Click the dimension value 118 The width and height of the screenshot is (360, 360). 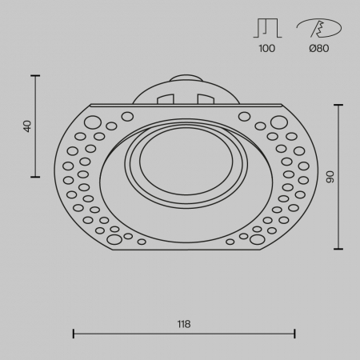[184, 324]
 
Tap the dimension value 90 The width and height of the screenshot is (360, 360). [328, 176]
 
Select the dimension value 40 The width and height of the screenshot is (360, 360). [26, 126]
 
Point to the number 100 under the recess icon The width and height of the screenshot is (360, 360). [267, 49]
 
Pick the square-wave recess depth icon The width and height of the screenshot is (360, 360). [267, 28]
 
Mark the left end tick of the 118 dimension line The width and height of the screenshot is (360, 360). [74, 333]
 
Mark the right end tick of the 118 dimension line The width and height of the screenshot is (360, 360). [295, 333]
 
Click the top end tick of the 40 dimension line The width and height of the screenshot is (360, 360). [36, 75]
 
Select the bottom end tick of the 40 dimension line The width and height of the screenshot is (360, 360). [36, 177]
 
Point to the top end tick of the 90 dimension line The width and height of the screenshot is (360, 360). [340, 104]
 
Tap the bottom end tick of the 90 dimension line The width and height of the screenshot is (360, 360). [340, 248]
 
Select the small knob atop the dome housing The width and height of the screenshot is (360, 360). [184, 79]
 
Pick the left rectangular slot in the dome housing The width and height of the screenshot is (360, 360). [166, 99]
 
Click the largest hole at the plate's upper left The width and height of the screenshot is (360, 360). [92, 122]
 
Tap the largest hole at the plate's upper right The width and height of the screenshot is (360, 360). [278, 122]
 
